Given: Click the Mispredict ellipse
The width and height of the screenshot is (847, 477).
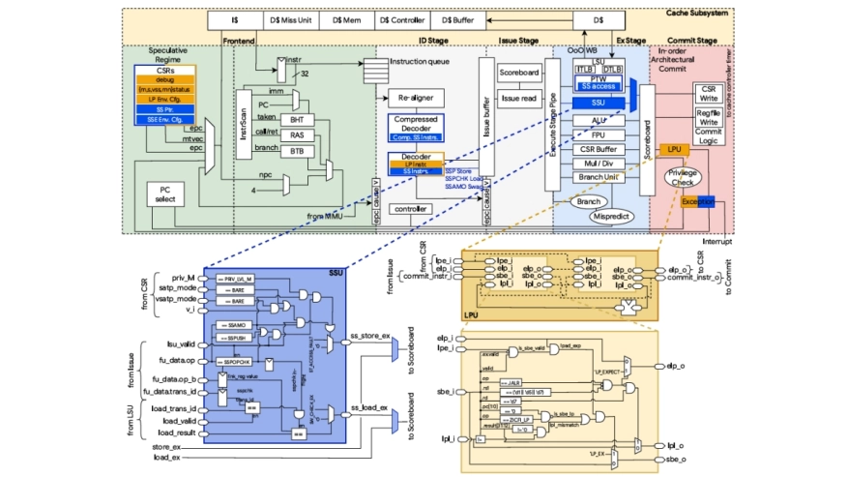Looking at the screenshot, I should pyautogui.click(x=611, y=217).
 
